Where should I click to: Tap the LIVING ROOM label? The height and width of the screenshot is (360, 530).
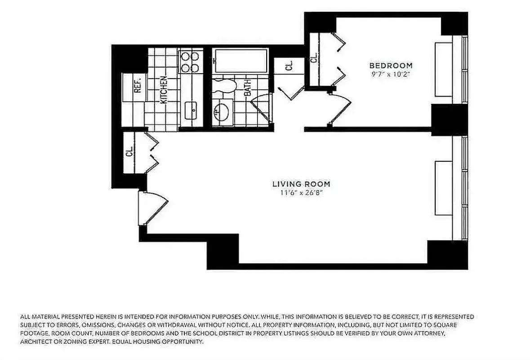point(301,184)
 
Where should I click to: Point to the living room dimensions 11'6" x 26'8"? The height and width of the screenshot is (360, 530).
point(301,193)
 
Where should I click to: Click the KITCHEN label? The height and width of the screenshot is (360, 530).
point(164,90)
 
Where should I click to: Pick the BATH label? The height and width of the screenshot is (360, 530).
point(248,88)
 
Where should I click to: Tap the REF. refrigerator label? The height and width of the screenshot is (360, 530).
point(138,84)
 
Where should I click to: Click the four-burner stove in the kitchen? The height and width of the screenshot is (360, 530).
point(190,62)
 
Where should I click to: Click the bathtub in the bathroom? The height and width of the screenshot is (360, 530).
point(241,61)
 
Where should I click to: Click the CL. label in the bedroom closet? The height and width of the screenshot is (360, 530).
point(314,57)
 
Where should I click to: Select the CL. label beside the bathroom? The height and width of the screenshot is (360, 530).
point(289,66)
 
